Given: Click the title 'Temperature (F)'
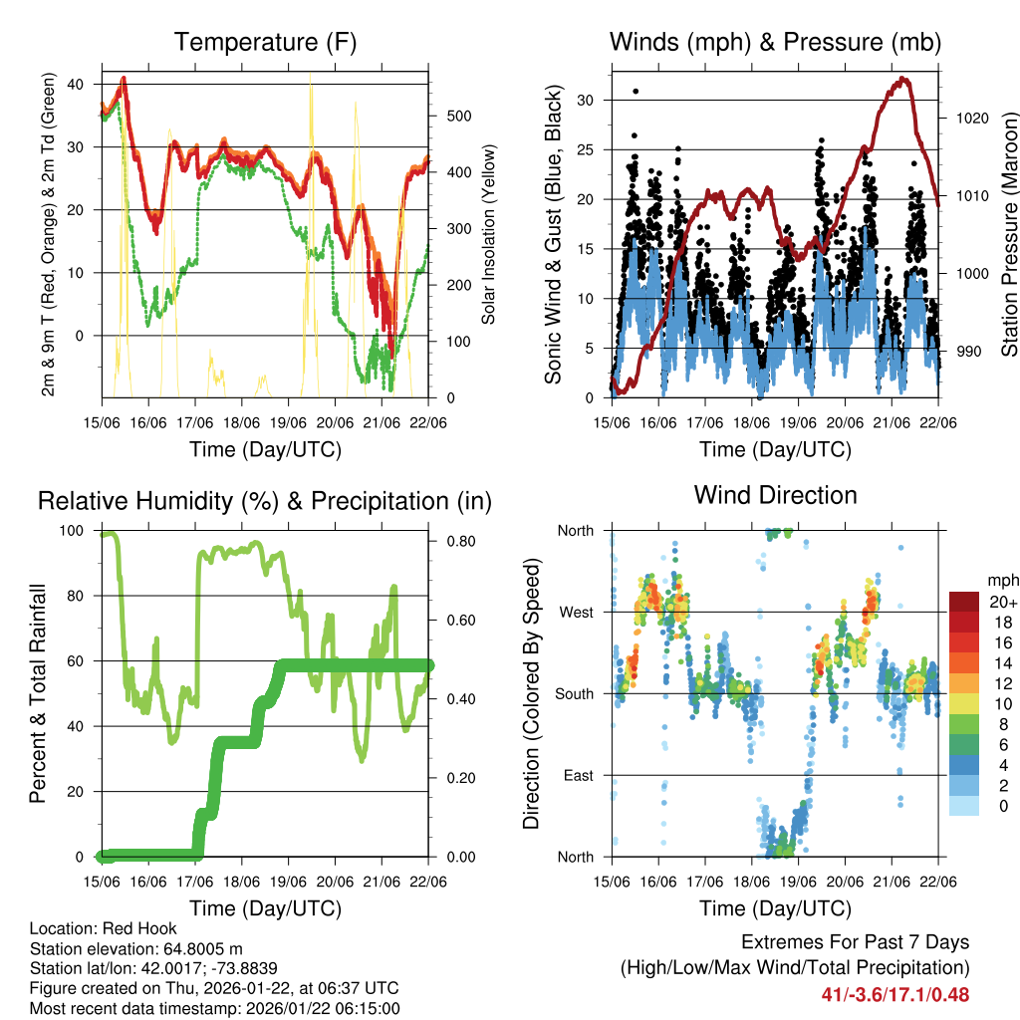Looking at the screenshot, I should pyautogui.click(x=265, y=43).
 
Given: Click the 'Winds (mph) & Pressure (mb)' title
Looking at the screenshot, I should pyautogui.click(x=775, y=43).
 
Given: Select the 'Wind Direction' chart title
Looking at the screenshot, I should pyautogui.click(x=775, y=495).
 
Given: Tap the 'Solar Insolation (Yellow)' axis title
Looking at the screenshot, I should pyautogui.click(x=489, y=235).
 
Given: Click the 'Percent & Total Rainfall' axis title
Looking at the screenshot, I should pyautogui.click(x=37, y=693).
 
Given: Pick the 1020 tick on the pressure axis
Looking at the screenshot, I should pyautogui.click(x=971, y=118).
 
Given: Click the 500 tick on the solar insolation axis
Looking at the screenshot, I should pyautogui.click(x=456, y=116).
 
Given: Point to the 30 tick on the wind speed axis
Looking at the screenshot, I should pyautogui.click(x=585, y=100).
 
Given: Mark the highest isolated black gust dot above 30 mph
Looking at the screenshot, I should pyautogui.click(x=636, y=91).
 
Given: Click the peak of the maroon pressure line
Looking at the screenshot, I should pyautogui.click(x=903, y=78).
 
